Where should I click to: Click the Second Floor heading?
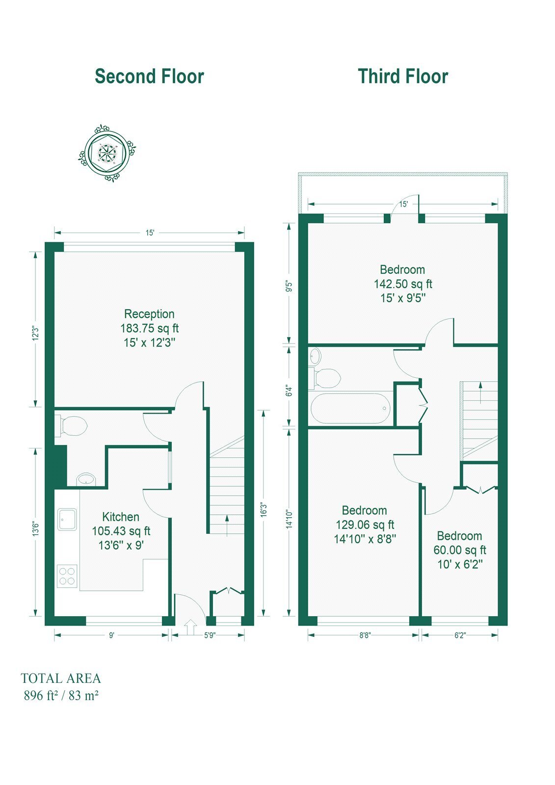point(149,77)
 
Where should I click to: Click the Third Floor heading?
point(403,77)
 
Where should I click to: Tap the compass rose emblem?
point(106,153)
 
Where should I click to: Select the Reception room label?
point(149,314)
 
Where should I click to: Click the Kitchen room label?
point(121,517)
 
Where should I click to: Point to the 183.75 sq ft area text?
point(149,328)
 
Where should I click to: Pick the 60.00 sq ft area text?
point(460,550)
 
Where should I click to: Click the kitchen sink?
point(67,519)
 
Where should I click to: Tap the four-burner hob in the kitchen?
point(67,576)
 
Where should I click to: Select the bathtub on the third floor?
point(350,408)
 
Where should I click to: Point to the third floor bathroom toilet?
point(326,378)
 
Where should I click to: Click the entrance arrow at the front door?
point(190,627)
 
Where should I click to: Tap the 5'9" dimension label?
point(210,635)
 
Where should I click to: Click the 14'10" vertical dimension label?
point(290,519)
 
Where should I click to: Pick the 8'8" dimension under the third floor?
point(365,635)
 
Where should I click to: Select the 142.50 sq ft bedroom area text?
point(403,284)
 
